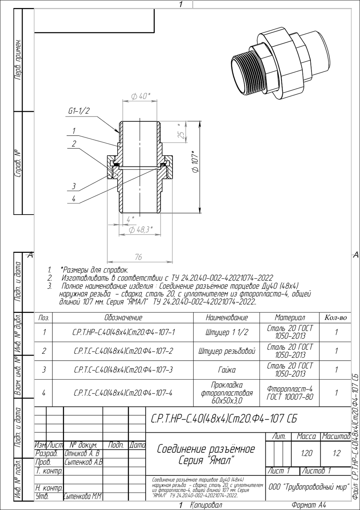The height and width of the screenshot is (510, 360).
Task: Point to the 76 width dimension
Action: pos(138,257)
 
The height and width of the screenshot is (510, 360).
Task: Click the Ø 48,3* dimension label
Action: pos(141,230)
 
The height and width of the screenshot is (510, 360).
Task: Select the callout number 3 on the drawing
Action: pos(74,187)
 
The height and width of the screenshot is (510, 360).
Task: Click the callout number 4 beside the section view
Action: pos(74,199)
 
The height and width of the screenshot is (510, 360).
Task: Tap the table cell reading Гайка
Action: pos(227,370)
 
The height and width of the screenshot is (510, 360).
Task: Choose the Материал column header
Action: pos(289,317)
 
